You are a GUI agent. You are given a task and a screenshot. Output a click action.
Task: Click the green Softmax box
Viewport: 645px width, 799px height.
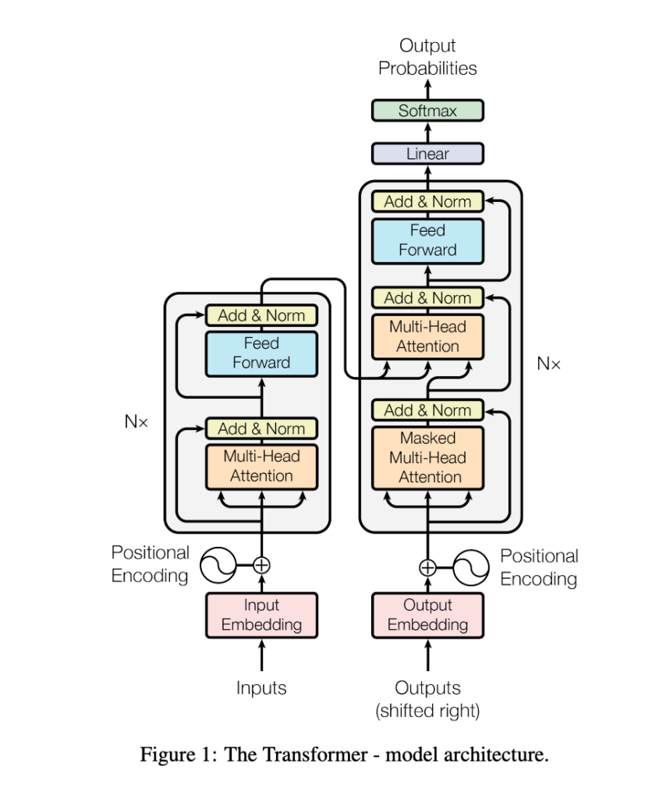(427, 111)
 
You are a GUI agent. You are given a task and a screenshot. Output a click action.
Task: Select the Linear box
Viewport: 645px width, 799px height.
(427, 154)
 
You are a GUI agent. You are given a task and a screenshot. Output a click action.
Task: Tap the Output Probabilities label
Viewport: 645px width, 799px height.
(427, 57)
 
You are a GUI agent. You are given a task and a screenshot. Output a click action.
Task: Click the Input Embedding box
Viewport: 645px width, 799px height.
(261, 615)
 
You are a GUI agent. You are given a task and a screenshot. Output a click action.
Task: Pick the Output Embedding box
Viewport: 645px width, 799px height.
(427, 615)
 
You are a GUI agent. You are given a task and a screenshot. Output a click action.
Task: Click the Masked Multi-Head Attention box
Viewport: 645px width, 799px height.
(427, 457)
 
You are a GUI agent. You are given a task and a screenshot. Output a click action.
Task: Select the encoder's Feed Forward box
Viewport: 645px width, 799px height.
(261, 353)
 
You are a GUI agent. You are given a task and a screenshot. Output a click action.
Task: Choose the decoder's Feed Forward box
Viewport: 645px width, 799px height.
(427, 240)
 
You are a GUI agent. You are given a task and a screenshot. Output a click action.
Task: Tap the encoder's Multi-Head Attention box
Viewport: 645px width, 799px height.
(261, 466)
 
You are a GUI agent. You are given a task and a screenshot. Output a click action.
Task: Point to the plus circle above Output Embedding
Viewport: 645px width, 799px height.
(427, 567)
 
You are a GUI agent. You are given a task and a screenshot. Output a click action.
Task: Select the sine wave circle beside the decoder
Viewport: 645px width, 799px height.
(471, 567)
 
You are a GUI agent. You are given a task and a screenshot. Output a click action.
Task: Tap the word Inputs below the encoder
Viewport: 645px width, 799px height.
(261, 688)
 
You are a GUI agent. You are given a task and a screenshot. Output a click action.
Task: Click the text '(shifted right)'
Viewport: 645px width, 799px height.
(427, 711)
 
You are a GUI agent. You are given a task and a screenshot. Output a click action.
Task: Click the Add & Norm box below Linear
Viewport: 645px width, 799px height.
(427, 201)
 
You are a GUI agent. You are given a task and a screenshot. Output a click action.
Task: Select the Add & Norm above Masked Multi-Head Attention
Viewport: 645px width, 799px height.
(427, 410)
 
